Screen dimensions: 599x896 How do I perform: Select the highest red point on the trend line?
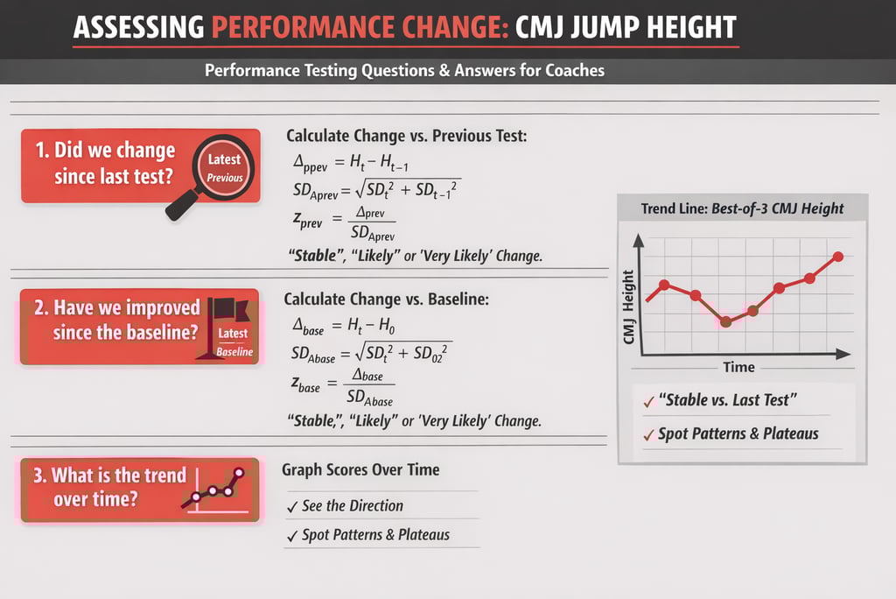click(x=838, y=257)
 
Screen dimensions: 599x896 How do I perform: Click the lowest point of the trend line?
click(x=725, y=322)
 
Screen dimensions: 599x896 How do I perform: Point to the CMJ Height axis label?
click(x=627, y=304)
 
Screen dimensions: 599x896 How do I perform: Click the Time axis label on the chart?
click(x=738, y=367)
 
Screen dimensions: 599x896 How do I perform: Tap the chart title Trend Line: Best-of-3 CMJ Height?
click(x=742, y=208)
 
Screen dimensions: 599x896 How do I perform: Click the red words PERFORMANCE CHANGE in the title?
click(x=357, y=26)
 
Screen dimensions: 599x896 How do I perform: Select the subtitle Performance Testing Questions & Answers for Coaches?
click(x=404, y=70)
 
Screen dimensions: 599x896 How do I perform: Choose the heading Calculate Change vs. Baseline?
click(x=386, y=299)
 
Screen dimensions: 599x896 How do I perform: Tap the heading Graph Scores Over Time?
click(x=360, y=470)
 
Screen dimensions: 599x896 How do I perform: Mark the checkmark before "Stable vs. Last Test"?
click(x=648, y=402)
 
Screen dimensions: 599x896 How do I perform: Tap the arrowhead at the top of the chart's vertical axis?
click(x=641, y=239)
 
